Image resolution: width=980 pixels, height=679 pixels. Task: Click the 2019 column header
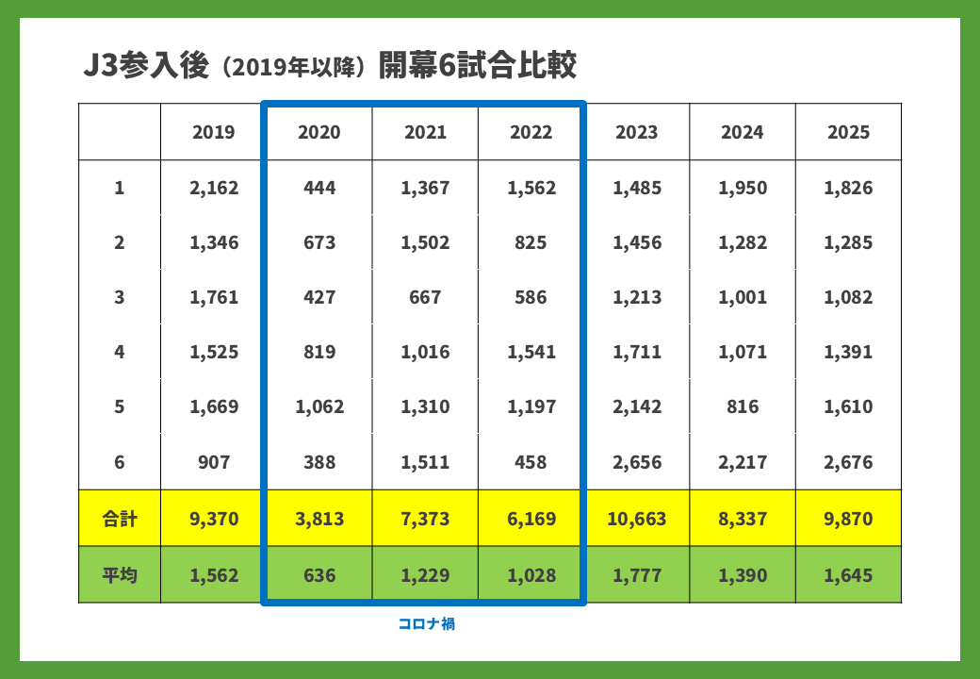[x=214, y=132]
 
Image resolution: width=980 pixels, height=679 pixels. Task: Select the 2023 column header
[x=637, y=132]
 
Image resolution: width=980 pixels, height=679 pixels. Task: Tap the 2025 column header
[x=848, y=132]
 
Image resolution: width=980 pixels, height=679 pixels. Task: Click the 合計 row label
[x=120, y=518]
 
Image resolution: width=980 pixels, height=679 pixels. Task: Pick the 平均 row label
[x=120, y=574]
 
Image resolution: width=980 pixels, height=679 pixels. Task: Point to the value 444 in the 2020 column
[x=319, y=188]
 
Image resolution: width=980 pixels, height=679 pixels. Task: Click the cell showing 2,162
[x=214, y=188]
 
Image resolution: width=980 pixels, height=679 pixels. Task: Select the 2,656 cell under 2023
[x=637, y=462]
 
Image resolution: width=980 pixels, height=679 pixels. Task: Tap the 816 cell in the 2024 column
[x=743, y=407]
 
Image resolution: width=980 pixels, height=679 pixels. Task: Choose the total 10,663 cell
[x=637, y=519]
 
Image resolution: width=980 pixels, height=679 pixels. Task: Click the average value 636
[x=319, y=574]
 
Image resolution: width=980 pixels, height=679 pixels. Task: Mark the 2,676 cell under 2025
[x=848, y=462]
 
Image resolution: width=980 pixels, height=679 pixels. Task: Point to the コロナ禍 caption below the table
[x=427, y=623]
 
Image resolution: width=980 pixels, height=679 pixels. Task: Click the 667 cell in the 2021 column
[x=425, y=297]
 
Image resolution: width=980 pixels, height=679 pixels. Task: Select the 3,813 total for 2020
[x=319, y=519]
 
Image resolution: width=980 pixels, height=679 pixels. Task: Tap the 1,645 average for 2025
[x=848, y=574]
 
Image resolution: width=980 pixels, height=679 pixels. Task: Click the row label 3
[x=120, y=297]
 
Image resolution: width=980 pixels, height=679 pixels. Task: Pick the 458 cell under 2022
[x=531, y=462]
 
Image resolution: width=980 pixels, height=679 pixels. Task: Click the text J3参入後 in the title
[x=144, y=67]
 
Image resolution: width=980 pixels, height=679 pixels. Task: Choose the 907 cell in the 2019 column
[x=214, y=462]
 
